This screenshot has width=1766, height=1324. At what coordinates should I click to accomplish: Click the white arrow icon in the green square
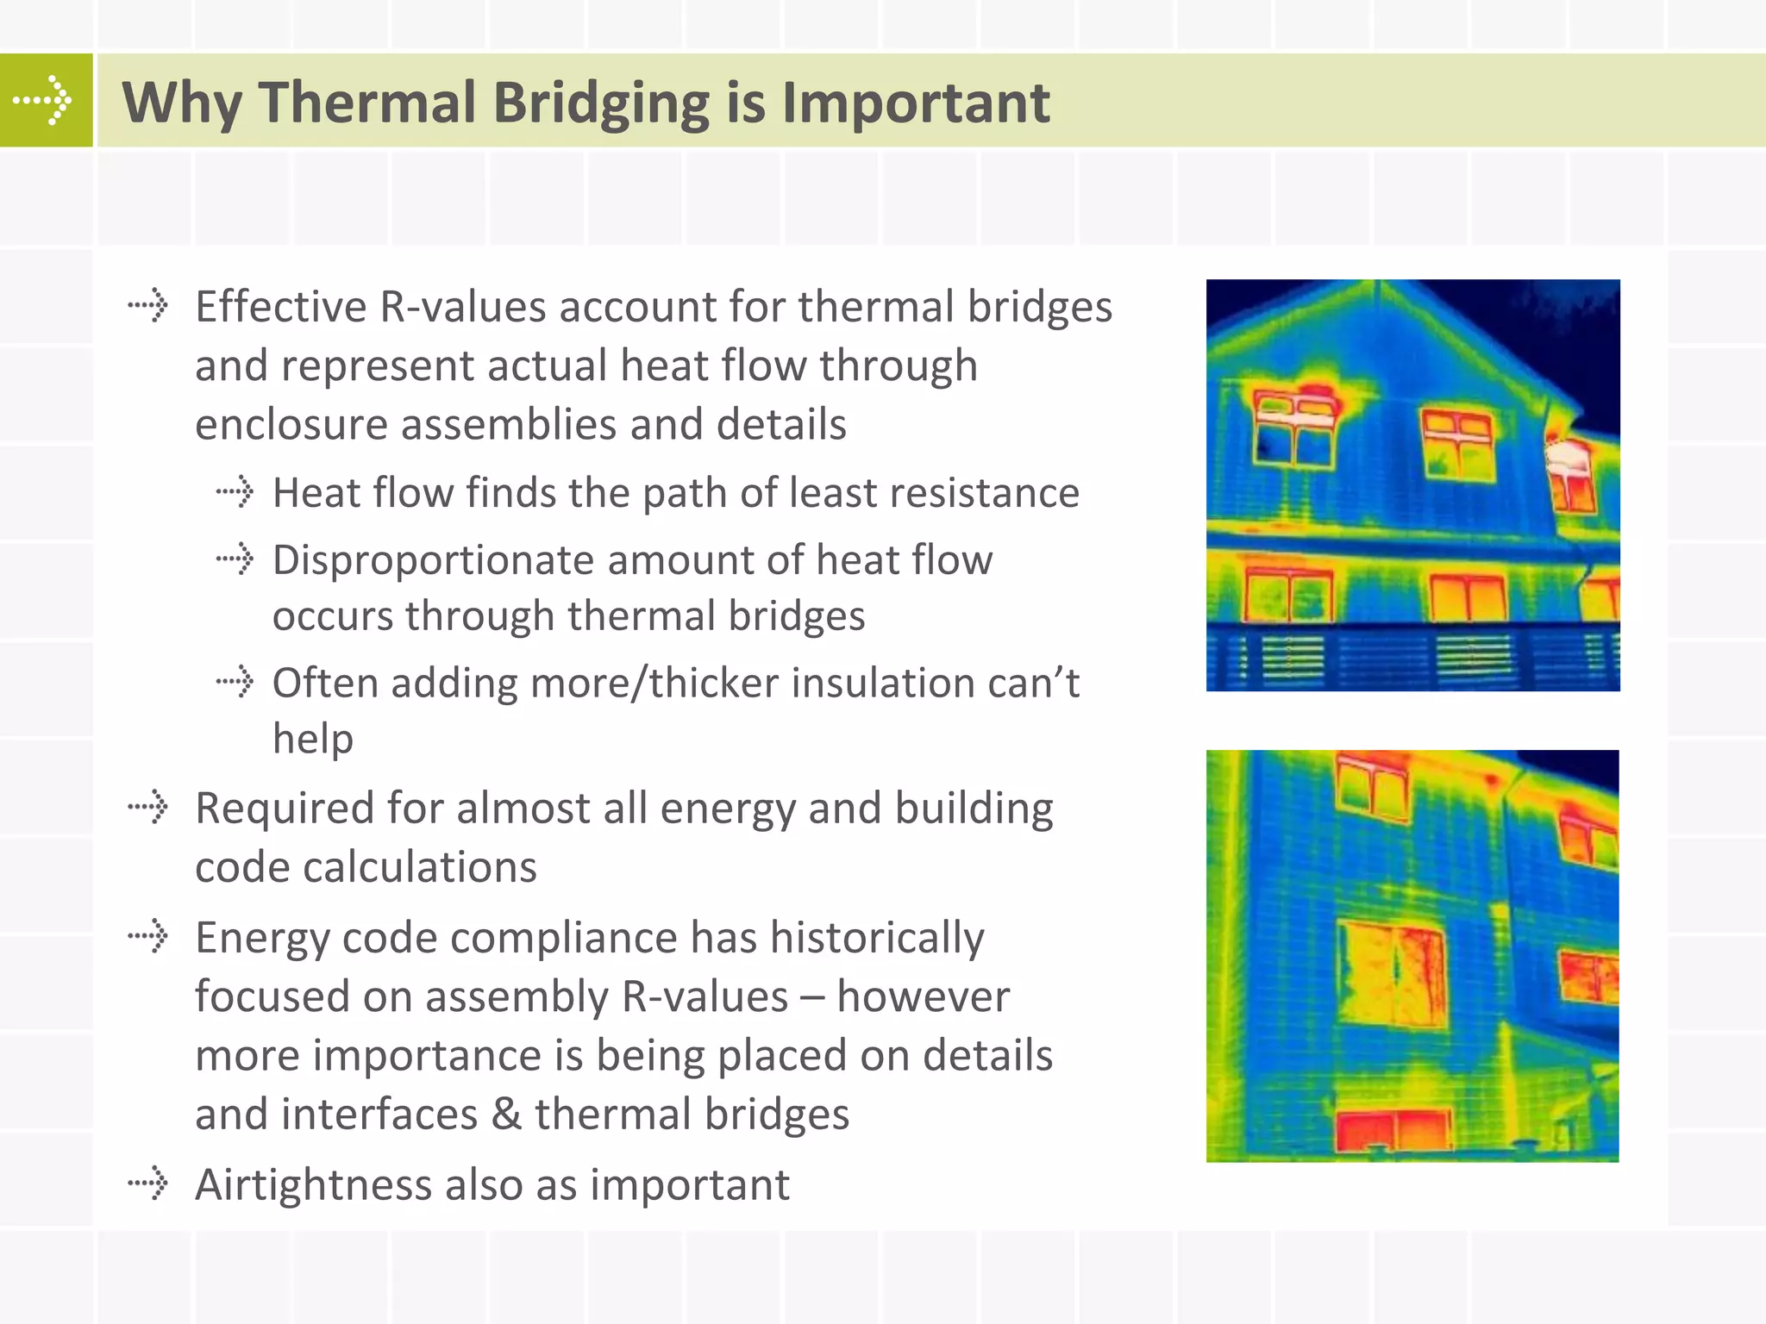tap(45, 100)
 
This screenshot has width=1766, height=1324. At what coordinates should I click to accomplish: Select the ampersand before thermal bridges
tap(506, 1114)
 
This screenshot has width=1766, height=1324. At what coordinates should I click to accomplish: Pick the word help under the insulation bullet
tap(312, 740)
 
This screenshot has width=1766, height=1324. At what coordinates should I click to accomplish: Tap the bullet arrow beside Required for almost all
tap(148, 808)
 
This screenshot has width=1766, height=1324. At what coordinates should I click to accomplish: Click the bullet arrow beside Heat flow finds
tap(235, 492)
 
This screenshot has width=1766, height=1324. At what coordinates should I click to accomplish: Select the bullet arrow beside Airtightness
tap(148, 1183)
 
